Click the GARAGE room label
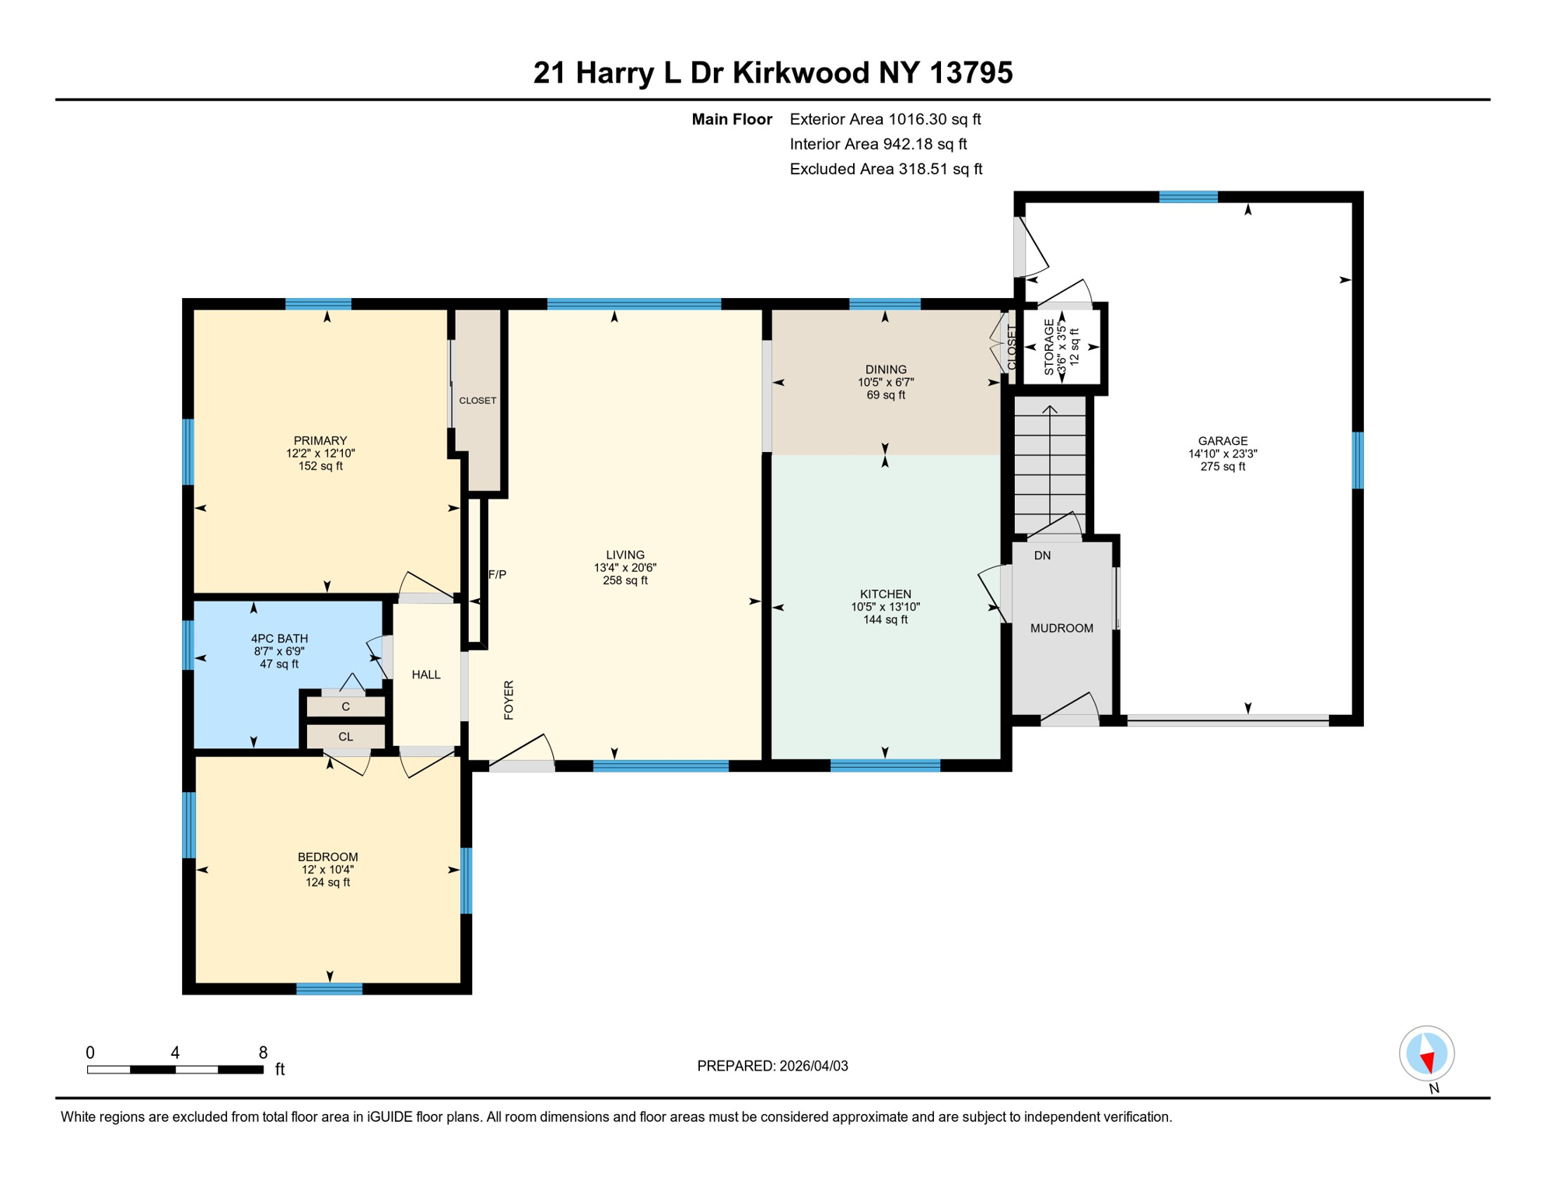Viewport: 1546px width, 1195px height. tap(1222, 441)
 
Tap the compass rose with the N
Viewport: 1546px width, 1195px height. tap(1426, 1054)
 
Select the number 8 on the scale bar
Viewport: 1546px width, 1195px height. tap(263, 1053)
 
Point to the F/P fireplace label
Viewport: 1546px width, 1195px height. tap(497, 575)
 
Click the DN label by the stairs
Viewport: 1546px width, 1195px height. tap(1042, 555)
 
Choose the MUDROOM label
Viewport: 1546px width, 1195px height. tap(1062, 629)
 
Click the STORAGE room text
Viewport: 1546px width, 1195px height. tap(1050, 347)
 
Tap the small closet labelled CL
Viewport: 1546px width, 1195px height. tap(345, 737)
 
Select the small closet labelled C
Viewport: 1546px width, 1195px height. tap(345, 706)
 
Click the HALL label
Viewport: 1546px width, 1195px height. tap(426, 675)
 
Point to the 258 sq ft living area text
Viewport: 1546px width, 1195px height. tap(624, 580)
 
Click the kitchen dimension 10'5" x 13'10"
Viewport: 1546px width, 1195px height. tap(885, 607)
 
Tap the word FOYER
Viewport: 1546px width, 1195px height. tap(509, 699)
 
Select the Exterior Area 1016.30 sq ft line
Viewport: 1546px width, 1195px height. tap(885, 119)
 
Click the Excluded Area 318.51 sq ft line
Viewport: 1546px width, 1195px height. tap(886, 169)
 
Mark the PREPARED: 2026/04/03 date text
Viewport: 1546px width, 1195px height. tap(772, 1066)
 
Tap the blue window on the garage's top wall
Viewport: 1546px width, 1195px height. tap(1187, 197)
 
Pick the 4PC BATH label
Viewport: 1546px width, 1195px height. tap(279, 639)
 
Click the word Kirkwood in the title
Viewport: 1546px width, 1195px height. tap(801, 73)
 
